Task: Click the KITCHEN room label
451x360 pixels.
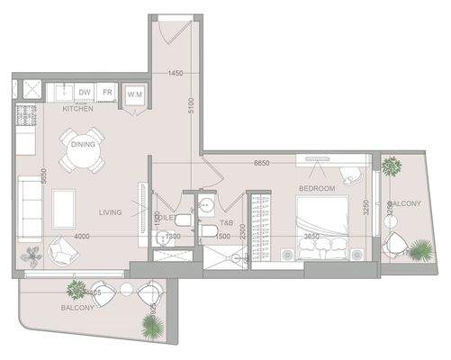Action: (x=77, y=109)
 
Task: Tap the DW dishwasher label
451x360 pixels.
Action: (x=84, y=92)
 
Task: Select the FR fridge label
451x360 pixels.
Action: (x=107, y=92)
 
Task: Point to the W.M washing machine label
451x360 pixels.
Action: (x=134, y=93)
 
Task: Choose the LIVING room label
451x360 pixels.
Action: (x=112, y=212)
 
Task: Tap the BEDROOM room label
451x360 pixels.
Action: (x=317, y=188)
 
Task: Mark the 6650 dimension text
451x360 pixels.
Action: (x=261, y=164)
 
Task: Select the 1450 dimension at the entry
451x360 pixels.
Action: (x=175, y=73)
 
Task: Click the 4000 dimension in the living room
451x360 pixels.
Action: (x=84, y=237)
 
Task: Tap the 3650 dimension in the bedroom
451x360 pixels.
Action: (x=311, y=237)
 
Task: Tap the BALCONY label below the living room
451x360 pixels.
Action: (x=77, y=308)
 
